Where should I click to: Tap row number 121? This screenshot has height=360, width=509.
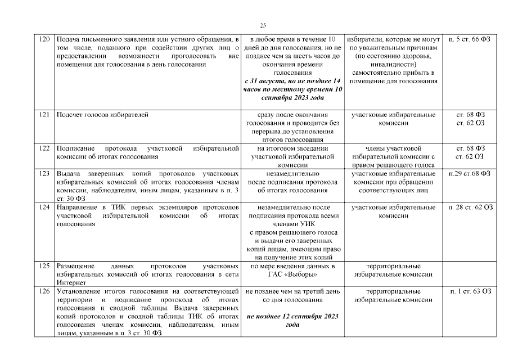click(x=44, y=115)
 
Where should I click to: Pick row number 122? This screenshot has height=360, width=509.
click(x=44, y=148)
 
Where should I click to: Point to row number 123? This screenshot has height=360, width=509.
click(x=44, y=173)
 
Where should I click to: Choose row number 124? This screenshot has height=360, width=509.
click(x=44, y=208)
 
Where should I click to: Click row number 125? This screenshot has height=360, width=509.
click(x=44, y=265)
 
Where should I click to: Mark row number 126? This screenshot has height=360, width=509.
click(x=44, y=291)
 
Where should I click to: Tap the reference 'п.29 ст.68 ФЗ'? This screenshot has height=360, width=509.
click(x=471, y=173)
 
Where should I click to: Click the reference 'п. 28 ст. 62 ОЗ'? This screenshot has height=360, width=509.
click(x=471, y=208)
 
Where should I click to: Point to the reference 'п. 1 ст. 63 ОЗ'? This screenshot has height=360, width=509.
click(x=471, y=291)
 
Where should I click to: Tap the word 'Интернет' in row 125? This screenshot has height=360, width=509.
click(x=70, y=283)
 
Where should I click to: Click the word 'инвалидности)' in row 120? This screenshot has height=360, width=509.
click(x=393, y=65)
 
